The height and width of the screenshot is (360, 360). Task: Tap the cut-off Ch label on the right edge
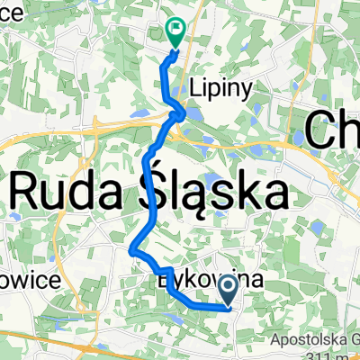point(334,130)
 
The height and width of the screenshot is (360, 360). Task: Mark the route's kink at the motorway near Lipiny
point(180,114)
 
